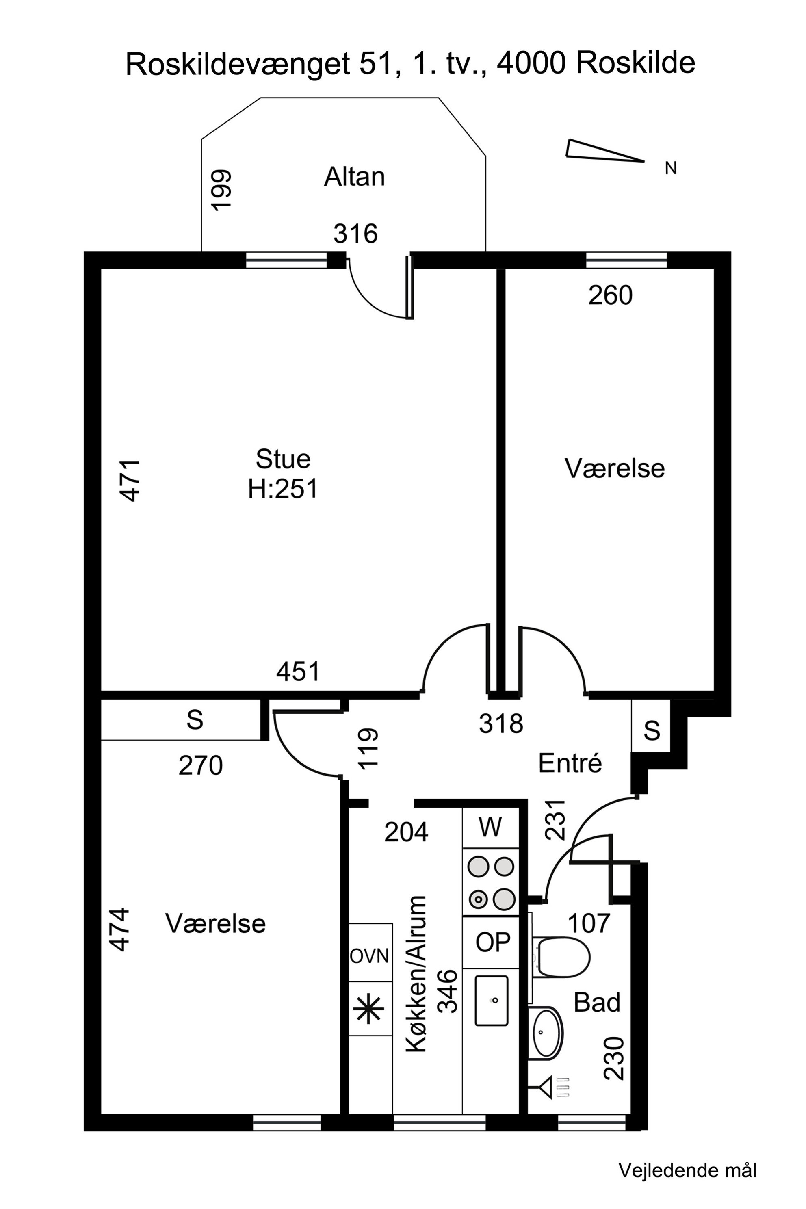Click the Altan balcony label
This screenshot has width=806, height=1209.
click(354, 177)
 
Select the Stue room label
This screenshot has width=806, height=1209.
click(283, 459)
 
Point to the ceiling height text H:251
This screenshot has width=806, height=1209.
click(283, 489)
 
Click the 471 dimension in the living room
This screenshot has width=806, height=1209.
click(130, 480)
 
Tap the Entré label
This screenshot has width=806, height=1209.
click(570, 763)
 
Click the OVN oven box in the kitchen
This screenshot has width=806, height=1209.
click(370, 956)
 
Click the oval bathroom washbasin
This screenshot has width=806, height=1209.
click(546, 1033)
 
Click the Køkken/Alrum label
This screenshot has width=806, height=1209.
click(416, 974)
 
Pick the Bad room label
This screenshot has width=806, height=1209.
click(597, 1002)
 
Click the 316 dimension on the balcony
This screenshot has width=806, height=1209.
click(355, 234)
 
